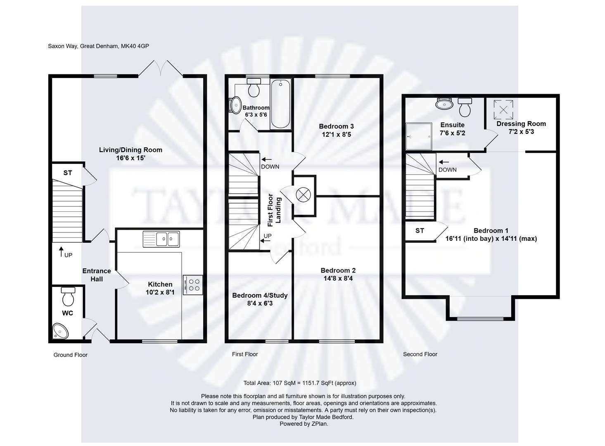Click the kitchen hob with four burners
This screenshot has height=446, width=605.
192,285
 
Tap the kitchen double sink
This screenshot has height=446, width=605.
161,239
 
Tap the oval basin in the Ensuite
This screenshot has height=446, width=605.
444,103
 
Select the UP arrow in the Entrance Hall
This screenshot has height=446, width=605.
62,251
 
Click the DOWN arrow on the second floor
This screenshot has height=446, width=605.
444,162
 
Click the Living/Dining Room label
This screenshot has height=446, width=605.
130,150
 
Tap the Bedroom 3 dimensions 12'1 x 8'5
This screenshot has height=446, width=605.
336,134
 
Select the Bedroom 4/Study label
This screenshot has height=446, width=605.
259,295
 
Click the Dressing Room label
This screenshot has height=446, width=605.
521,124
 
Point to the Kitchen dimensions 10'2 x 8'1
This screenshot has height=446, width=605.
160,292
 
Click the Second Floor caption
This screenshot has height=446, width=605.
420,354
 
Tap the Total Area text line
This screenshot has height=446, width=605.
299,383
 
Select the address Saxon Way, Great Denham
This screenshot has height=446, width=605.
98,46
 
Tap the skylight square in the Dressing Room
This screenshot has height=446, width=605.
503,109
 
